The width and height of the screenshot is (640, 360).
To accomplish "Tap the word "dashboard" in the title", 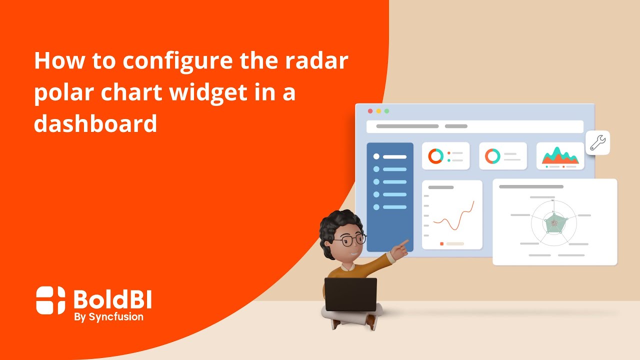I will (95, 123).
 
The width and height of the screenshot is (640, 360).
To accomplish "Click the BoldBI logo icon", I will (50, 300).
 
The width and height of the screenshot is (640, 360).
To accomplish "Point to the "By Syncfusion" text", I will (108, 316).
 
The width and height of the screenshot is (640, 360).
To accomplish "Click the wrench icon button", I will (597, 143).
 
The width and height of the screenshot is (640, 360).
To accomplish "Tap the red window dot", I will (370, 111).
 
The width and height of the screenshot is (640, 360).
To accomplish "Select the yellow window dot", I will (378, 111).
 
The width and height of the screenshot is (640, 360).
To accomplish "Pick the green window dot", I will (386, 111).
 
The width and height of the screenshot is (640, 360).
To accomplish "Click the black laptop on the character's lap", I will (350, 294).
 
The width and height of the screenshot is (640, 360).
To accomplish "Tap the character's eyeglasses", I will (349, 240).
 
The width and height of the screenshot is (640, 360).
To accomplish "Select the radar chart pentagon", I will (553, 223).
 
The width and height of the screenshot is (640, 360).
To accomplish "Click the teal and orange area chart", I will (560, 156).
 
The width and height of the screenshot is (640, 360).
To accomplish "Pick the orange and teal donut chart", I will (435, 156).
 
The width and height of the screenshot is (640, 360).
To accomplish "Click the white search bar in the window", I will (474, 126).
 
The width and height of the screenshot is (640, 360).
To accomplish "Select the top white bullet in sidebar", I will (376, 156).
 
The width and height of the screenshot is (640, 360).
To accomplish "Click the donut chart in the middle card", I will (492, 156).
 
